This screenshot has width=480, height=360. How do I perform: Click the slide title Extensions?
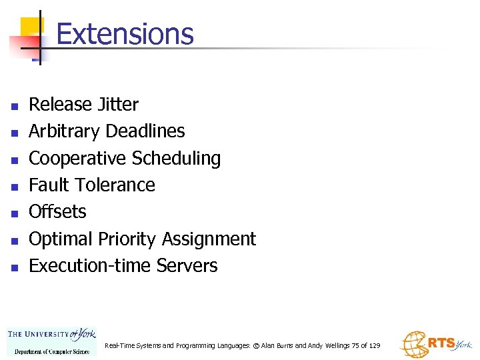125,34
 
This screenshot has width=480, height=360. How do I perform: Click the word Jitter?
117,105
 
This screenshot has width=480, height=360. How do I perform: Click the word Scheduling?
176,158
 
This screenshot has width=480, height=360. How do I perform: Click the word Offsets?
57,211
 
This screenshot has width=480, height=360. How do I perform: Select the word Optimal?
61,239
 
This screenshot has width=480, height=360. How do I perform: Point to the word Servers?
187,265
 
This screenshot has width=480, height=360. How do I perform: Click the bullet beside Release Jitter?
13,106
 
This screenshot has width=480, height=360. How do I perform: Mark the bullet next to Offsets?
13,213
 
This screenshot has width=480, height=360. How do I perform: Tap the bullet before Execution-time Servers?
13,267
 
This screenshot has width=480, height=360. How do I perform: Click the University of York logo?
51,340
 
